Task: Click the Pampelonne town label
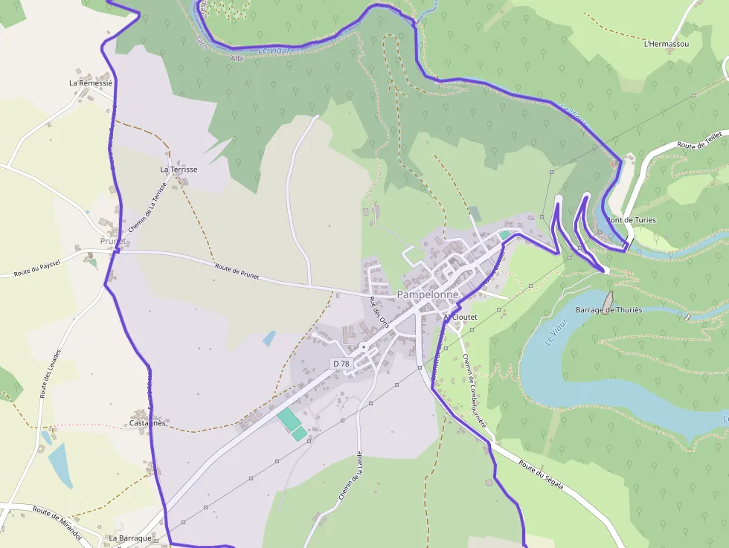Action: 428,294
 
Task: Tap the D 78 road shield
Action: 341,363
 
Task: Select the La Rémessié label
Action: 90,83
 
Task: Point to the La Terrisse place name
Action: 179,170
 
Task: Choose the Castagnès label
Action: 147,423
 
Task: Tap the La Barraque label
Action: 130,538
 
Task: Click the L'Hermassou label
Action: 666,44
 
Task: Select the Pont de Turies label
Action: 631,220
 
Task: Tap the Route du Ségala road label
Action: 541,475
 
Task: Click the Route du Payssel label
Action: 36,268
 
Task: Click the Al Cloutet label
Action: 460,317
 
